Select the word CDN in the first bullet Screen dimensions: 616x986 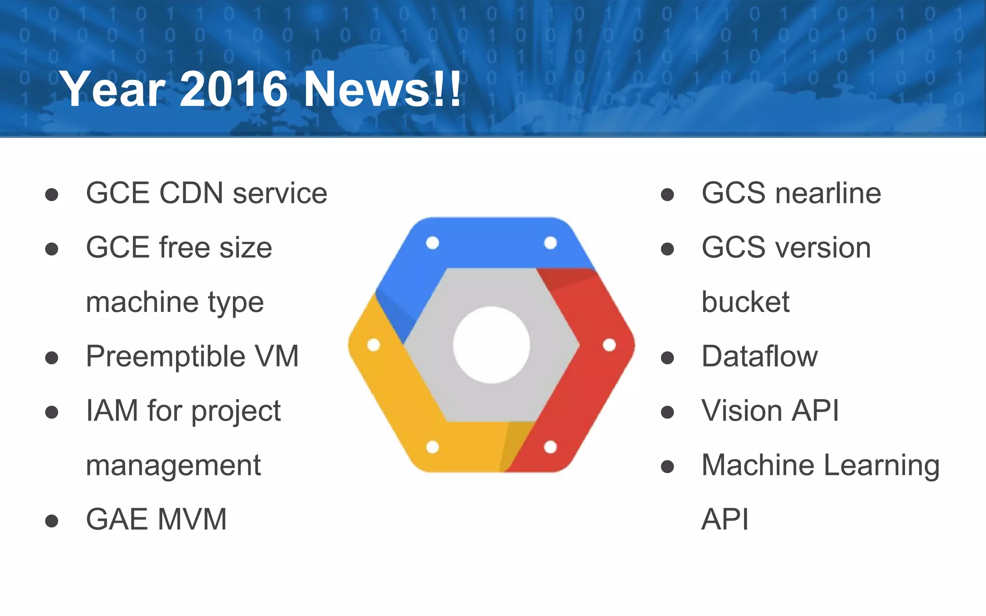[191, 193]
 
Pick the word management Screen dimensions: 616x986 [173, 466]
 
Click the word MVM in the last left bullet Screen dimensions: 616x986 [192, 519]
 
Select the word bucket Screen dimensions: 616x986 [745, 302]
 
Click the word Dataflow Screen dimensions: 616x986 [759, 357]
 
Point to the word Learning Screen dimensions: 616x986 [881, 466]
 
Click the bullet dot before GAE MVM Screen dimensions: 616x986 [52, 521]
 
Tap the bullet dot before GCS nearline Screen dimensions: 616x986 [667, 194]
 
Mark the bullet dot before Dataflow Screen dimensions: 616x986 [667, 358]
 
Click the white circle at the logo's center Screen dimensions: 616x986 [491, 345]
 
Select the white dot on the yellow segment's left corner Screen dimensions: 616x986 [374, 345]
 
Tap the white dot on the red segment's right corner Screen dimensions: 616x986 [609, 345]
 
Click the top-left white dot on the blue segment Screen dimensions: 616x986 [432, 243]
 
